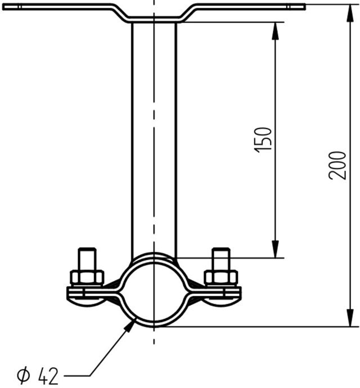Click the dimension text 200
(337, 165)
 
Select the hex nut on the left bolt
(87, 277)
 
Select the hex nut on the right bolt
(221, 277)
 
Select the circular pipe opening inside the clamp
(154, 291)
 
